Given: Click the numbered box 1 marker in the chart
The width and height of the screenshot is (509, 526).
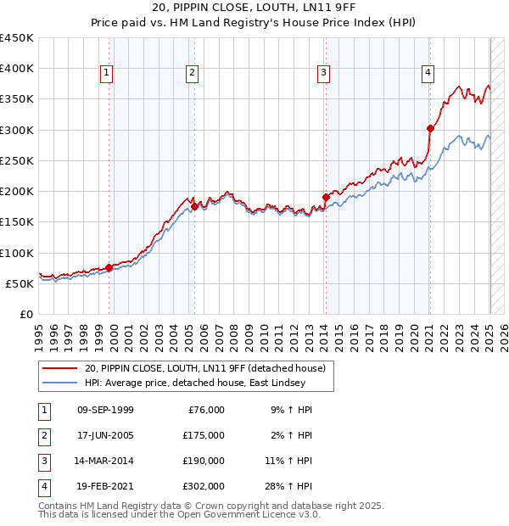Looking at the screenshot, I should [107, 74].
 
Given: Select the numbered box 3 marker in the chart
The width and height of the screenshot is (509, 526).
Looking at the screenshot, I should [324, 74].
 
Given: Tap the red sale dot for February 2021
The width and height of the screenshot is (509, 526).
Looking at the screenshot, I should [430, 128].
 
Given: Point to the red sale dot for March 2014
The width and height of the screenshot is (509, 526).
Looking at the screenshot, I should [326, 197].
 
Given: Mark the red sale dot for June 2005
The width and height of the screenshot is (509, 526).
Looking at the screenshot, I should [194, 206].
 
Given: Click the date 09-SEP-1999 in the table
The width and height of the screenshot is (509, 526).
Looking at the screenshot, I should [105, 410].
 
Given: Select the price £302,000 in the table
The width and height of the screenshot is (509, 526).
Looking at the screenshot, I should [204, 486].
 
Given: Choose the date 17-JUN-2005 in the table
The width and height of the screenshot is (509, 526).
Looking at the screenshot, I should [105, 435].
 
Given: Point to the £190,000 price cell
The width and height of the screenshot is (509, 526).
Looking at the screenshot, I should [204, 461].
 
